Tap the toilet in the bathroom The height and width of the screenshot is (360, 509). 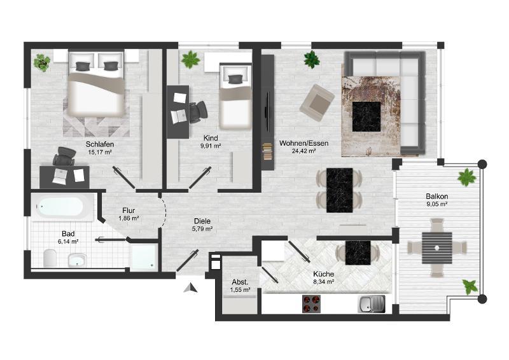[x=50, y=258]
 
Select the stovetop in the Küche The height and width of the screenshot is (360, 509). [x=311, y=304]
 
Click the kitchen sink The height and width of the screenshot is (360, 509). [x=372, y=304]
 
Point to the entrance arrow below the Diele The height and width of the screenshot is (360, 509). [x=191, y=288]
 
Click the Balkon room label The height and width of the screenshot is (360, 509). [x=437, y=197]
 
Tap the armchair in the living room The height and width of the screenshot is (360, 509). [x=317, y=103]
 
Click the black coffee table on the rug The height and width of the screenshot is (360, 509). [x=366, y=116]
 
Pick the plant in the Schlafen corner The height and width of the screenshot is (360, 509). [x=42, y=62]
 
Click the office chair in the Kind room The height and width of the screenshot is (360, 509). [x=198, y=112]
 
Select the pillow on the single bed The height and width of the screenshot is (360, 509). [x=235, y=80]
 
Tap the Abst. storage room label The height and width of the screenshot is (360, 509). [x=241, y=282]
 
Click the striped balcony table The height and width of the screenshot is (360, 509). [x=437, y=247]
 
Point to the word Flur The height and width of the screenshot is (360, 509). [x=129, y=211]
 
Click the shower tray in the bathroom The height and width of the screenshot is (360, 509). [x=144, y=257]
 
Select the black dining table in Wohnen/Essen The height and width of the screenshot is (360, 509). [x=340, y=190]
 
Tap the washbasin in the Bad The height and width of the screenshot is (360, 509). [x=77, y=260]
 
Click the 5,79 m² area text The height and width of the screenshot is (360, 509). [x=202, y=229]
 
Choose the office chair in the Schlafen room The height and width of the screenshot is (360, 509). [x=64, y=156]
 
